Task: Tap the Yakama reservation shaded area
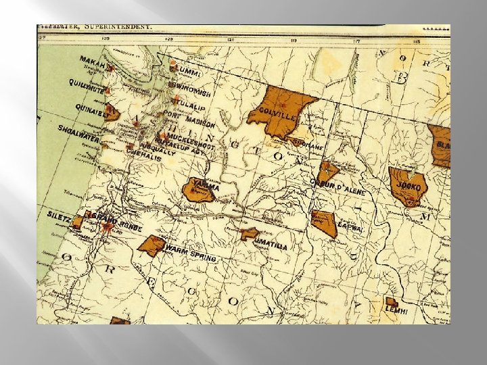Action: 198,191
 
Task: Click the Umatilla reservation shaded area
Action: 249,234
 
